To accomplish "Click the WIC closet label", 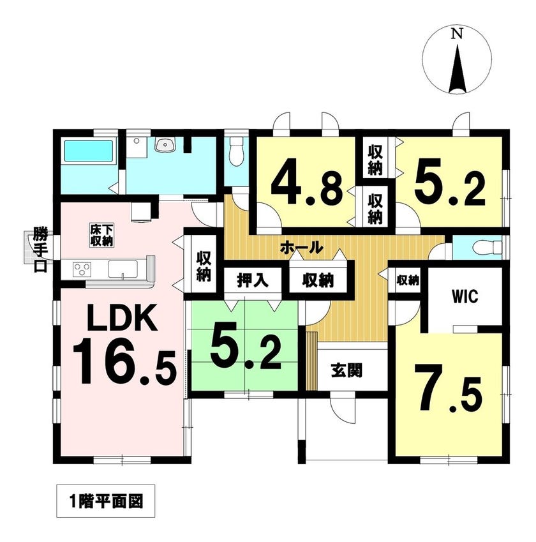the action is pyautogui.click(x=465, y=296).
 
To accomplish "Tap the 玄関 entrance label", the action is pyautogui.click(x=346, y=370).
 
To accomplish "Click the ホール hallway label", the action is pyautogui.click(x=301, y=247).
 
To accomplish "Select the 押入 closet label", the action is pyautogui.click(x=253, y=280).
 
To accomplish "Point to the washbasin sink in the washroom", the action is pyautogui.click(x=165, y=145).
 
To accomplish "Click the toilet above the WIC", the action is pyautogui.click(x=487, y=247).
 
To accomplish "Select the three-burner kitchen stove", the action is pyautogui.click(x=82, y=269).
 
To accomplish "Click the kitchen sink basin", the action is pyautogui.click(x=123, y=269).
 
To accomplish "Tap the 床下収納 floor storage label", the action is pyautogui.click(x=102, y=236).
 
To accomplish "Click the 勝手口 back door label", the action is pyautogui.click(x=40, y=250).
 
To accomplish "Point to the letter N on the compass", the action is pyautogui.click(x=458, y=34).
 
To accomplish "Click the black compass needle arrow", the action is pyautogui.click(x=458, y=68).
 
